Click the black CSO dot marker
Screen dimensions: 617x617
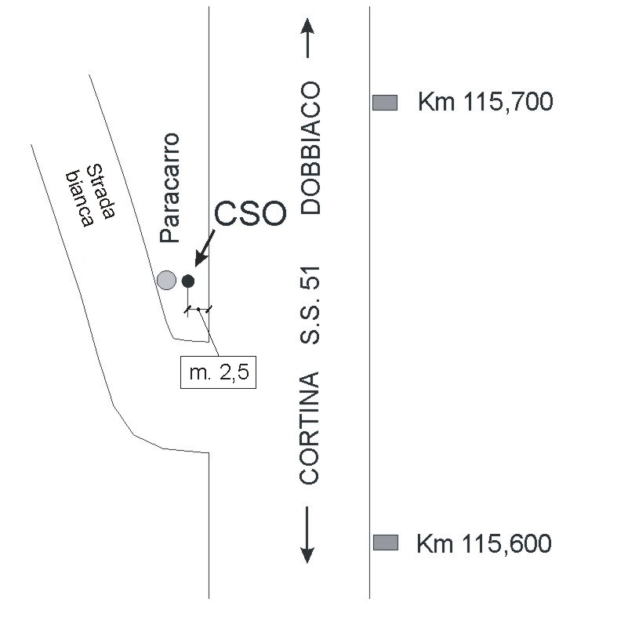188,281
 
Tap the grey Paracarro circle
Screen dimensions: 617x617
166,280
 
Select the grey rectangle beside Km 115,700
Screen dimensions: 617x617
385,103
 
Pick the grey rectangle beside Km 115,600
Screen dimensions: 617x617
386,543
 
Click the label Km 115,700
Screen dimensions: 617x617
485,102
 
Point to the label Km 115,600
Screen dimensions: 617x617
484,544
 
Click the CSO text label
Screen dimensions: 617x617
250,214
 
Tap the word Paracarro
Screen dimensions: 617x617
170,188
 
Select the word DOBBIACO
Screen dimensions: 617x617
310,147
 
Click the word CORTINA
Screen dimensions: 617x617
310,428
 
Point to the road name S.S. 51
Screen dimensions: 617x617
310,305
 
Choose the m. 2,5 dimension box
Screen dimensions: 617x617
219,372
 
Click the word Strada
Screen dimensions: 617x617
101,191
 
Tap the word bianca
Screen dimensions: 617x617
79,198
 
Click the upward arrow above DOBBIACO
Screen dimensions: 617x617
307,38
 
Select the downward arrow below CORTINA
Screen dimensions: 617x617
307,535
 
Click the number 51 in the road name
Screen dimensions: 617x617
310,278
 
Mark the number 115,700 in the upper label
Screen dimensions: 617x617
507,102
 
